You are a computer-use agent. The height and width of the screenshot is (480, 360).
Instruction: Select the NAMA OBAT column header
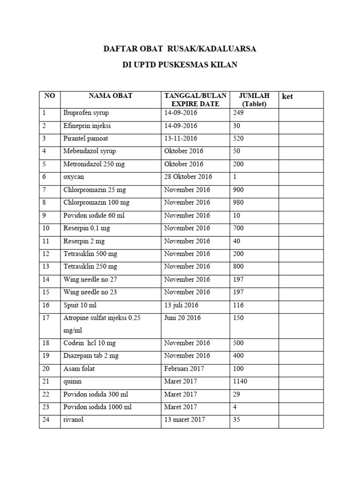click(x=111, y=96)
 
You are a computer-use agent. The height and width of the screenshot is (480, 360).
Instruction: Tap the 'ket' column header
click(x=287, y=97)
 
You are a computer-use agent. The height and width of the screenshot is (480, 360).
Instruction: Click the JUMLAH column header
click(x=254, y=96)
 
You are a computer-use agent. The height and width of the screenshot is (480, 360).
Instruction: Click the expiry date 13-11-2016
click(x=181, y=139)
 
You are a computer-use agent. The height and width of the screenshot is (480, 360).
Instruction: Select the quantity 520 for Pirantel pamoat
click(x=238, y=139)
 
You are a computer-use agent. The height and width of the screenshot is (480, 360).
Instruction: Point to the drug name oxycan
click(x=73, y=177)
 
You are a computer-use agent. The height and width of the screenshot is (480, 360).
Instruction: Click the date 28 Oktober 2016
click(x=188, y=177)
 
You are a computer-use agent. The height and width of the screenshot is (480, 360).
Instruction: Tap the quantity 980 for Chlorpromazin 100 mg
click(x=238, y=202)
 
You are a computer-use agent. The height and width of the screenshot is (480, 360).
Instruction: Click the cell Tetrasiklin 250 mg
click(x=90, y=267)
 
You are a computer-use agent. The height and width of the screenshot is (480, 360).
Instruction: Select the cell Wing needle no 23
click(x=90, y=292)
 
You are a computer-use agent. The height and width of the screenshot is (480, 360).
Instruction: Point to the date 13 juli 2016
click(x=181, y=305)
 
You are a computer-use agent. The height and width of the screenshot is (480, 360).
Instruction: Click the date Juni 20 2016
click(x=182, y=318)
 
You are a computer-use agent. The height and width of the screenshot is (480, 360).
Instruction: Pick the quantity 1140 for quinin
click(x=240, y=382)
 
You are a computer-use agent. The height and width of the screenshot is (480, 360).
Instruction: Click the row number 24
click(x=46, y=420)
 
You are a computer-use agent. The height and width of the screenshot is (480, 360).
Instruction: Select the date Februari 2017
click(x=184, y=369)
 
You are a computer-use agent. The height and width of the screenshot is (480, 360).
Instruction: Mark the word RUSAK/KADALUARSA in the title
click(x=216, y=49)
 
